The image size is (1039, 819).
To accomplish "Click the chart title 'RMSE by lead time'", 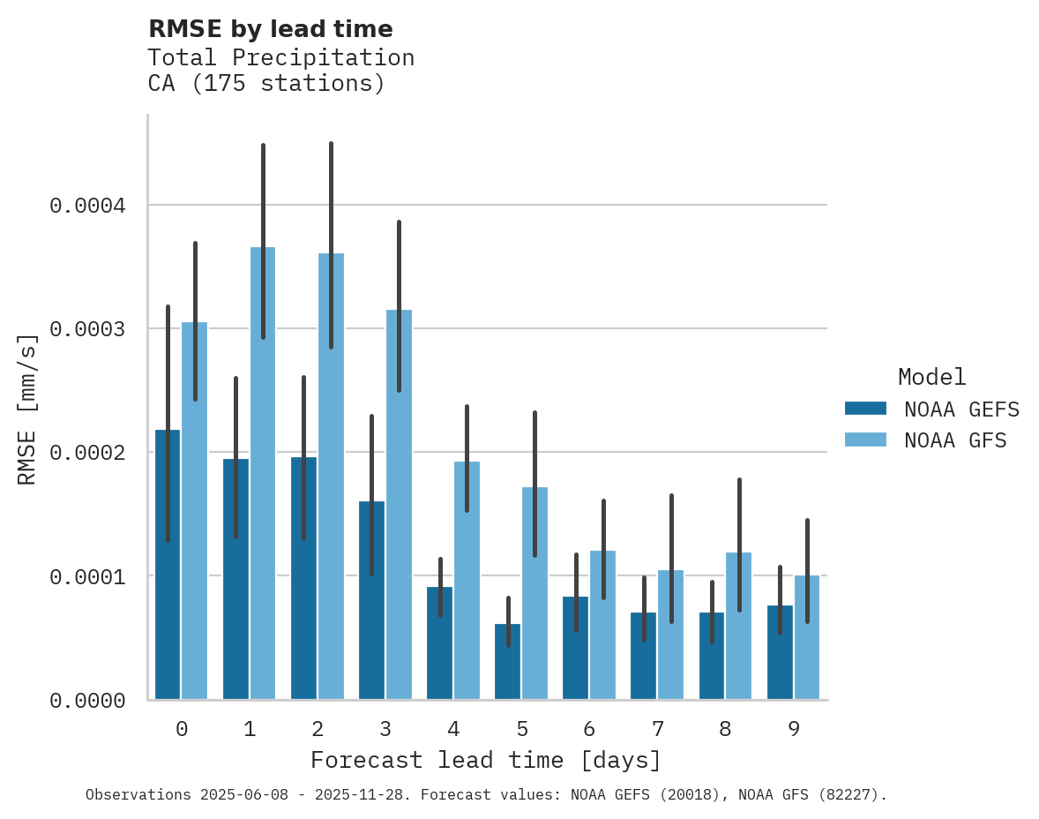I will pos(270,29).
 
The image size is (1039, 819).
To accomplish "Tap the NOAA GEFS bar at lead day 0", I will pos(168,565).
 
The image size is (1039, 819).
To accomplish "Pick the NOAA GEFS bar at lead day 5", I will pos(507,662).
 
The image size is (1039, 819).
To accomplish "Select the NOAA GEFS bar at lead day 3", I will pos(371,600).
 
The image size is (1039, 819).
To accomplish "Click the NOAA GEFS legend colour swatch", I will pos(865,409).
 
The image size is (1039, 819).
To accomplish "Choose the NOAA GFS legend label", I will pos(955,440).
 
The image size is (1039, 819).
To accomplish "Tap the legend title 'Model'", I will pos(931,377).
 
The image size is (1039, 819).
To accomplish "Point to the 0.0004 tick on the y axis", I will pos(87,206).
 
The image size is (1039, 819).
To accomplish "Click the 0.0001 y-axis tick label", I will pos(87,576).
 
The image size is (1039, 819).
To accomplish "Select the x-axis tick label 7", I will pos(658,729).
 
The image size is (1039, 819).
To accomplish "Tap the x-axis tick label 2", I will pos(318,729).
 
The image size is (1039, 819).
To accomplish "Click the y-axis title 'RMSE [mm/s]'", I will pos(27,409).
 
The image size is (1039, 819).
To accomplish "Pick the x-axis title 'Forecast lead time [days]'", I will pos(486,760).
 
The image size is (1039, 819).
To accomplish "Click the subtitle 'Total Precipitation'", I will pos(280,57).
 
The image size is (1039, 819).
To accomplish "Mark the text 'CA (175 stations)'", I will pos(266,84).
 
